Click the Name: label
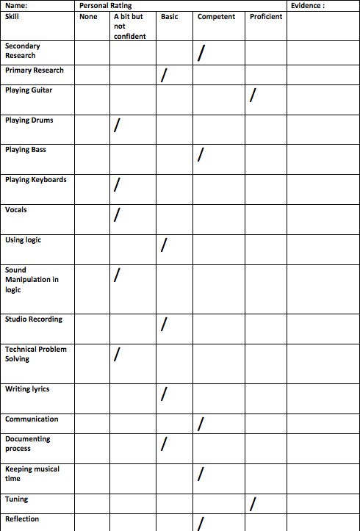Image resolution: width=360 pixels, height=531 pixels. (x=16, y=5)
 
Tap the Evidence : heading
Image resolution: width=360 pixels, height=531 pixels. (x=307, y=5)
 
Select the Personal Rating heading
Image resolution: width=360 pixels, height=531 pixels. (x=105, y=5)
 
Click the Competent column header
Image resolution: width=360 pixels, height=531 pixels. (x=217, y=16)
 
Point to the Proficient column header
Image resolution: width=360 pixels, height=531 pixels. (x=266, y=16)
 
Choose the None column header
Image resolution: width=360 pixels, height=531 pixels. (x=88, y=16)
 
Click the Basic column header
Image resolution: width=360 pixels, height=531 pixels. (x=169, y=16)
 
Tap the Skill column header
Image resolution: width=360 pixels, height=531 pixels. (x=12, y=16)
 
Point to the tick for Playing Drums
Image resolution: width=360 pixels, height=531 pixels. (x=116, y=126)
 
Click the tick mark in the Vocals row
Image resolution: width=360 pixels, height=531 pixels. (x=116, y=215)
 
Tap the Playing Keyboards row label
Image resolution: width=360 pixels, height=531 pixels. (x=35, y=180)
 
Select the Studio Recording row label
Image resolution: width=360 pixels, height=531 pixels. (x=34, y=319)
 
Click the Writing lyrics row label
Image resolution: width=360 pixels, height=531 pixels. (x=27, y=389)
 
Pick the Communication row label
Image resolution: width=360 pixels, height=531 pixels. (x=32, y=419)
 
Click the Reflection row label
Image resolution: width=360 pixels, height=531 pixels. (x=22, y=519)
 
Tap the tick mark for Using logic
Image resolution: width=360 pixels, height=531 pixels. (x=164, y=245)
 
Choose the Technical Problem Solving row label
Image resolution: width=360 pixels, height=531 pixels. (x=35, y=354)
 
